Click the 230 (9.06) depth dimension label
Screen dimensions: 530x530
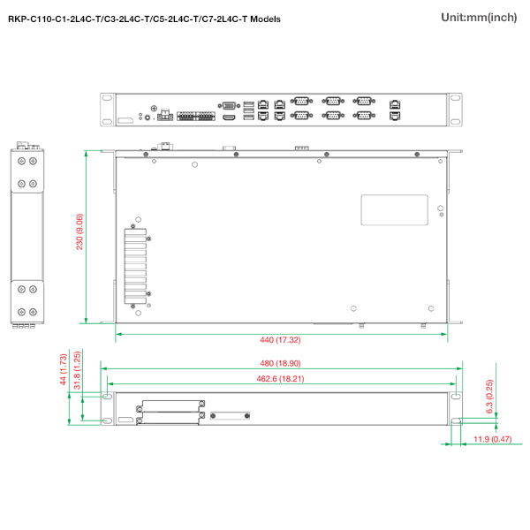click(79, 231)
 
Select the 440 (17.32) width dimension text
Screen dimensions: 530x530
click(280, 340)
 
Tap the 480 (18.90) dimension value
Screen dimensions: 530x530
click(280, 363)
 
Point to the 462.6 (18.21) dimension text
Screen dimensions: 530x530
click(280, 379)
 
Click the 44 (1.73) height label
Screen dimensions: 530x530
click(64, 369)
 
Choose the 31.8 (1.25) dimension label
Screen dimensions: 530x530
click(78, 370)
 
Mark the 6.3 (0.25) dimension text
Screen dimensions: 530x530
click(489, 397)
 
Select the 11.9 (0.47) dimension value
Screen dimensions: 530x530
click(493, 439)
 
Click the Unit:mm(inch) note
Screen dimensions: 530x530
click(479, 18)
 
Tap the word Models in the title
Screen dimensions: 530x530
click(265, 19)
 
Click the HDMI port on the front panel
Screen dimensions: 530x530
click(229, 117)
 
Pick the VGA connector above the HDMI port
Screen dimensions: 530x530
click(229, 106)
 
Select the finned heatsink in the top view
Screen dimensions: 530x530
click(135, 267)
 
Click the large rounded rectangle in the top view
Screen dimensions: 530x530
click(395, 210)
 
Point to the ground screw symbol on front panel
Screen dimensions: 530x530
click(154, 108)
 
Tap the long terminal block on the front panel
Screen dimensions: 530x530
click(196, 116)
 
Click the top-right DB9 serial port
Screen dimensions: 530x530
click(364, 101)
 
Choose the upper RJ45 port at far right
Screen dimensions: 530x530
click(395, 103)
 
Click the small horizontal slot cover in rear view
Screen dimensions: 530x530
click(230, 416)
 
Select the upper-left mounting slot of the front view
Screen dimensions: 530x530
click(107, 98)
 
